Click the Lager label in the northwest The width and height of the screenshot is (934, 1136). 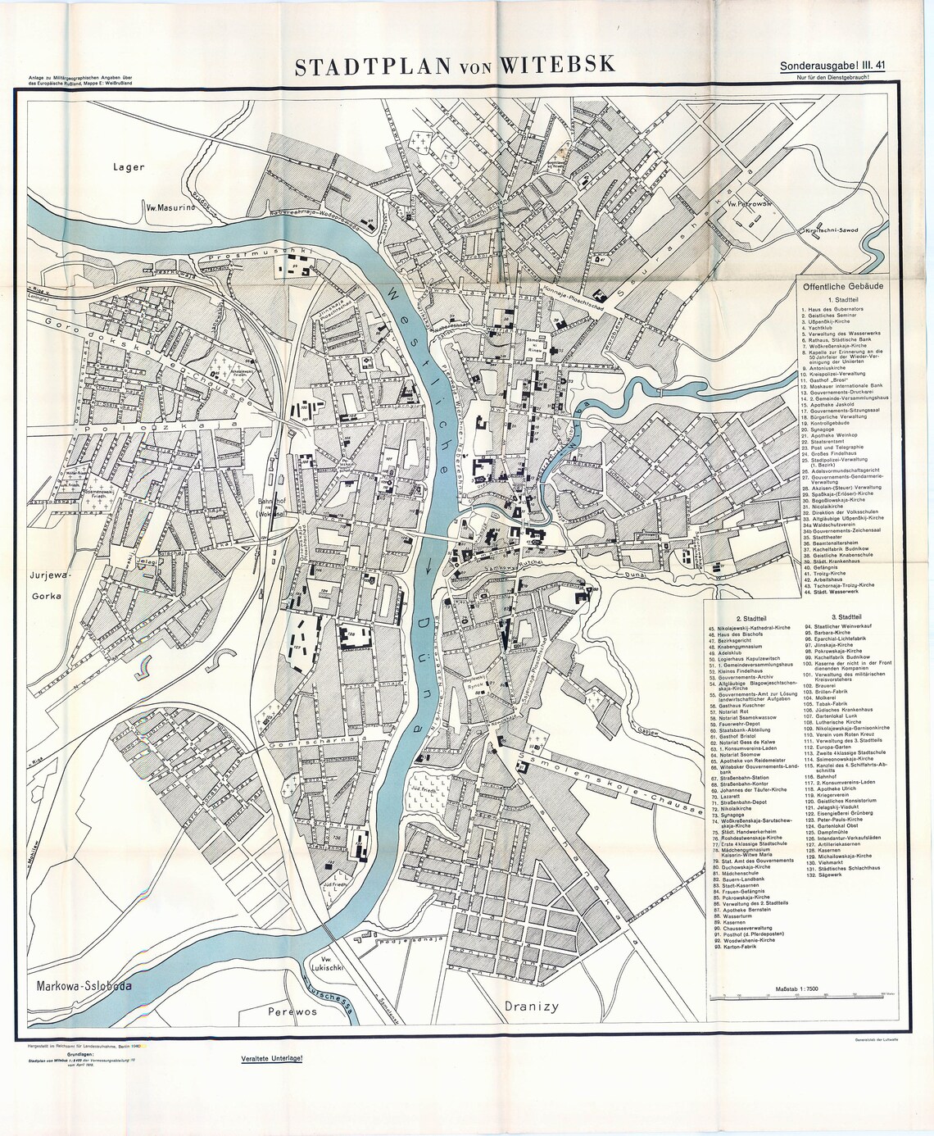tap(129, 166)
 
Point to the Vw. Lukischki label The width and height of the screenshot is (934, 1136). tap(334, 965)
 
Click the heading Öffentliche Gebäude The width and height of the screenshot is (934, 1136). tap(842, 287)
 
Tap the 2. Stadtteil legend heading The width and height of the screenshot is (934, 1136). tap(751, 616)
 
